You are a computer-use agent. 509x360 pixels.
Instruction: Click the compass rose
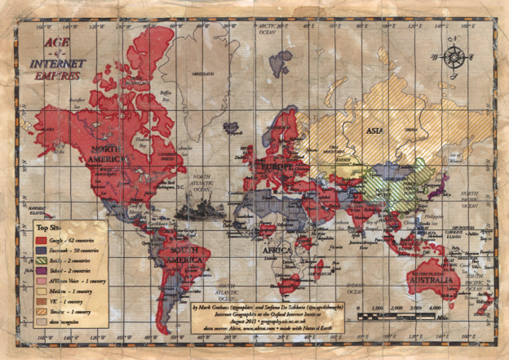pos(454,58)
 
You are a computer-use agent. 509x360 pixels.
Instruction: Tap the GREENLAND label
pos(196,73)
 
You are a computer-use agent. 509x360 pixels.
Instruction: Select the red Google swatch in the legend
pos(41,241)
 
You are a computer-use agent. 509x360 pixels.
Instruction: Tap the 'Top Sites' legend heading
pos(50,229)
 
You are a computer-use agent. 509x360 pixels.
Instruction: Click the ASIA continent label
pos(375,129)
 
